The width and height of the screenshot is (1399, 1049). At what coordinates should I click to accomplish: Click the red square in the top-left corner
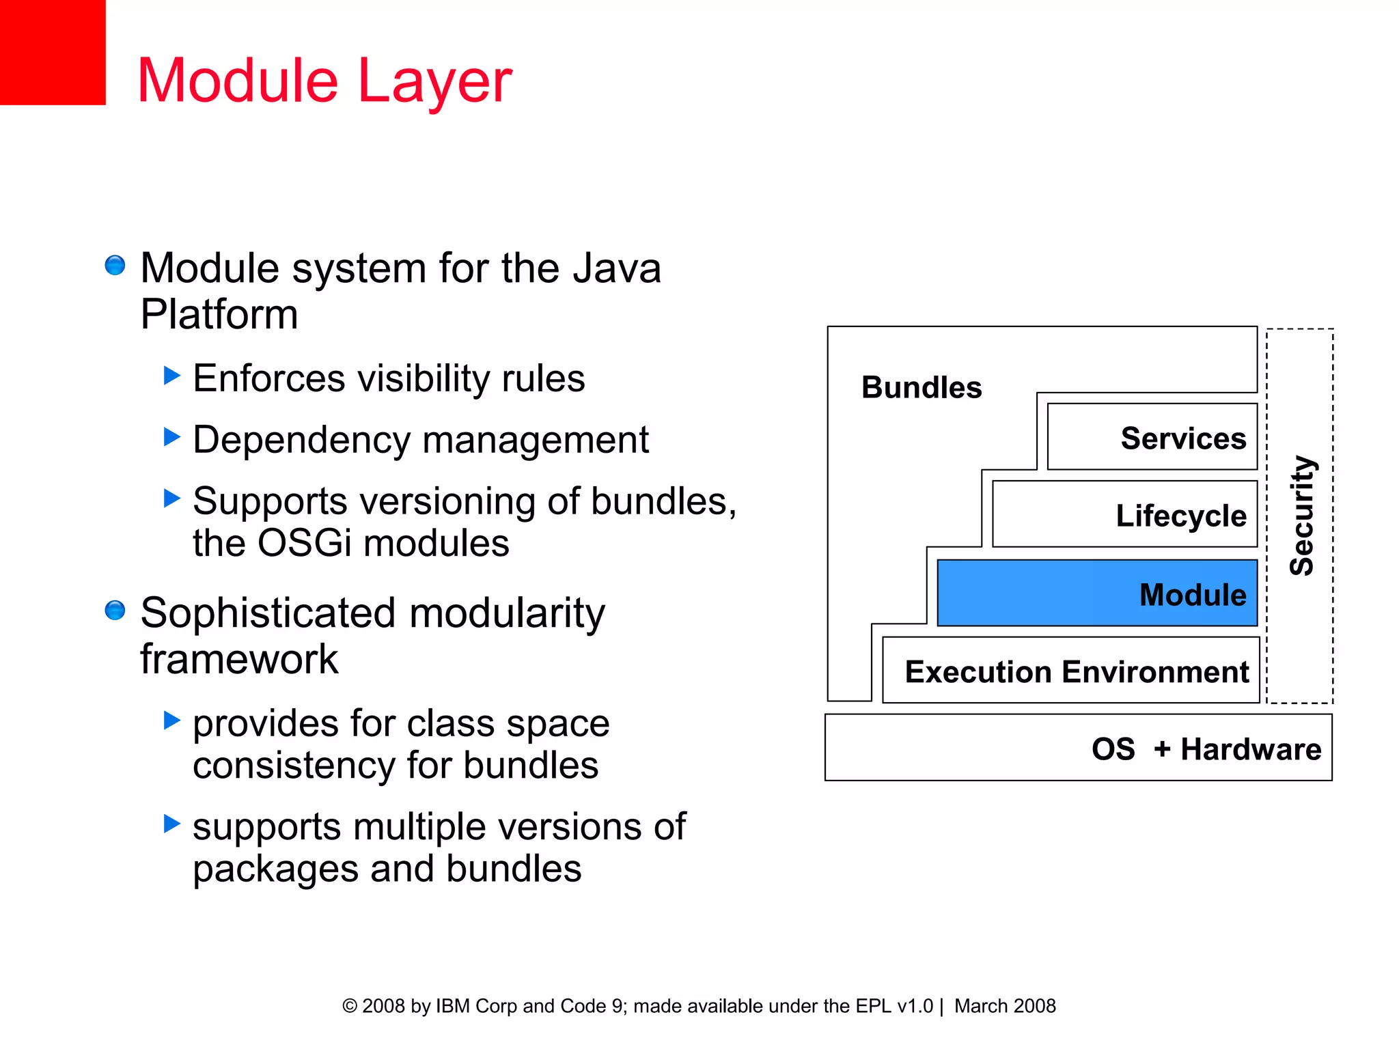pos(52,52)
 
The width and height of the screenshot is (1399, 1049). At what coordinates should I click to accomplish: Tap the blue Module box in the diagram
pos(1096,593)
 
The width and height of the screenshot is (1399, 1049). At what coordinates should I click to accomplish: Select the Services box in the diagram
pos(1152,437)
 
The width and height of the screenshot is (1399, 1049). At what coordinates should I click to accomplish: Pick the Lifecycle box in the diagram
pos(1124,514)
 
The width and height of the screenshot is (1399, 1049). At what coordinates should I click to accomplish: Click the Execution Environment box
pos(1071,671)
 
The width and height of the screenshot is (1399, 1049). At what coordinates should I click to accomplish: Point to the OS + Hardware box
pos(1078,748)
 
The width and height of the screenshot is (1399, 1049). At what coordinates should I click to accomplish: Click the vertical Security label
pos(1301,516)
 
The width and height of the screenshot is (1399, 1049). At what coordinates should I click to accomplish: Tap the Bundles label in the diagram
pos(921,387)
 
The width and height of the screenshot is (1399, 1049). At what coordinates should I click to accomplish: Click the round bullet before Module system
pos(115,266)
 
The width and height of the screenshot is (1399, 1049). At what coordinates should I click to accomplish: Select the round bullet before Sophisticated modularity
pos(115,611)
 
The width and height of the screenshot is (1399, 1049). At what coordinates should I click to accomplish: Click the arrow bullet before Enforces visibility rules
pos(171,376)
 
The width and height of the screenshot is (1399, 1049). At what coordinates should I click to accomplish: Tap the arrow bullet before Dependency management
pos(171,437)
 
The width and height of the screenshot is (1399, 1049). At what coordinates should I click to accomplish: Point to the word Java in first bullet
pos(616,268)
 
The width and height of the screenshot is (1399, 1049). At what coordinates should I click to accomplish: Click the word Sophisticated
pos(268,613)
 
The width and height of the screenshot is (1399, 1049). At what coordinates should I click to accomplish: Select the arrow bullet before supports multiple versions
pos(171,824)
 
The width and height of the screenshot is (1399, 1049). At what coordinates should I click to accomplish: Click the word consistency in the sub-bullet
pos(294,766)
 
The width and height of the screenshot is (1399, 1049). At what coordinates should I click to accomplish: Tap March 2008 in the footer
pos(1004,1006)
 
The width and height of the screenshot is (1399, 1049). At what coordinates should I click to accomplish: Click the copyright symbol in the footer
pos(350,1006)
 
